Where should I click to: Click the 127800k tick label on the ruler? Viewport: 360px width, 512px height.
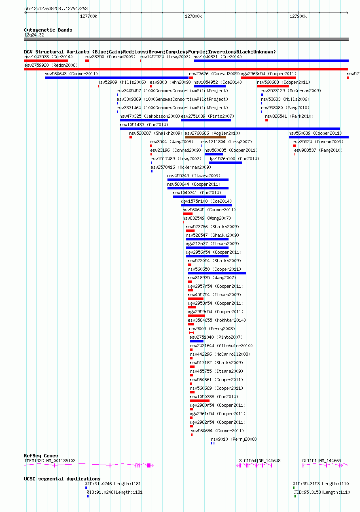pyautogui.click(x=193, y=16)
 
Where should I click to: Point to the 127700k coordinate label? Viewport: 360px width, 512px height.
pyautogui.click(x=89, y=16)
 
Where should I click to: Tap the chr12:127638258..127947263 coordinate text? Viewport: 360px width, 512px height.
pyautogui.click(x=56, y=8)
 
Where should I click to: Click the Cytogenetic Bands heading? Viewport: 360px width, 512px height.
pyautogui.click(x=48, y=30)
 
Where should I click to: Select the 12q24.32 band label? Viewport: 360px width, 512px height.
pyautogui.click(x=34, y=35)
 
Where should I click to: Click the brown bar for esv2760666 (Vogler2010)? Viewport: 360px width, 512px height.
pyautogui.click(x=205, y=137)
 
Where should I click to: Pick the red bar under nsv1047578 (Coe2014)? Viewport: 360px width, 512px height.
pyautogui.click(x=46, y=61)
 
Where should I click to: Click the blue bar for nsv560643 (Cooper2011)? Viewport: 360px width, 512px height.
pyautogui.click(x=116, y=78)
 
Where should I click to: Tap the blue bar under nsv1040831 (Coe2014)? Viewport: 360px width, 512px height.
pyautogui.click(x=271, y=61)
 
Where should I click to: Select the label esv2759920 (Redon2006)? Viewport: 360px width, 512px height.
pyautogui.click(x=51, y=66)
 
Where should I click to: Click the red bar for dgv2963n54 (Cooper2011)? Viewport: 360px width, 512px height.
pyautogui.click(x=269, y=78)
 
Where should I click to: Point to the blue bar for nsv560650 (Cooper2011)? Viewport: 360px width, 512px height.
pyautogui.click(x=217, y=273)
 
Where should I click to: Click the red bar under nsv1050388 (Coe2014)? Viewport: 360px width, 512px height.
pyautogui.click(x=200, y=401)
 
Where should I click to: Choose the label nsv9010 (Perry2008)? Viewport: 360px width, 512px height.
pyautogui.click(x=234, y=439)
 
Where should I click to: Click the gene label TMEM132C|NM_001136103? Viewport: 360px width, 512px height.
pyautogui.click(x=50, y=461)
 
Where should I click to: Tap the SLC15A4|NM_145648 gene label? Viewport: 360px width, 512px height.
pyautogui.click(x=260, y=461)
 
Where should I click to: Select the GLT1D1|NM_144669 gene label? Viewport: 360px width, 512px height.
pyautogui.click(x=322, y=461)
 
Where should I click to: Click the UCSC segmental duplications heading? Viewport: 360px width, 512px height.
pyautogui.click(x=62, y=479)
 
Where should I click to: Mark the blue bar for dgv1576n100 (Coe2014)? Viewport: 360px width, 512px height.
pyautogui.click(x=225, y=163)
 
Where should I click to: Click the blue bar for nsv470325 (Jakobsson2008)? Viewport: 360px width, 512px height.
pyautogui.click(x=144, y=120)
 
